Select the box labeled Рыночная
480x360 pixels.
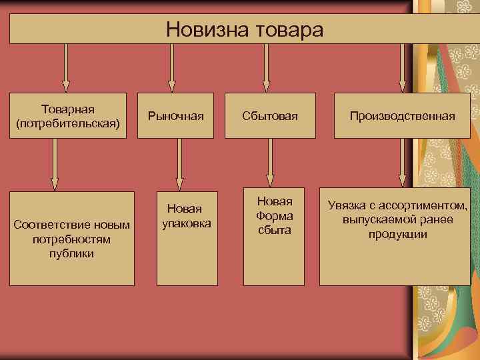(x=176, y=116)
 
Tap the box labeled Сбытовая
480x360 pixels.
(x=269, y=116)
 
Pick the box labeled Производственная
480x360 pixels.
(x=402, y=116)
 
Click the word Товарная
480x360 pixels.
(x=67, y=109)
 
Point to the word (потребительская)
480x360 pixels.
(x=67, y=123)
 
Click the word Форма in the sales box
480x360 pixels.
(x=274, y=215)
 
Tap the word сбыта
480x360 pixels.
(x=274, y=230)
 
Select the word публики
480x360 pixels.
(x=71, y=253)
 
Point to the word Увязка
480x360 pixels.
(x=348, y=205)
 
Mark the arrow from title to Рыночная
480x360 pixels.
(x=172, y=67)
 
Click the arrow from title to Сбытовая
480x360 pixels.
(x=266, y=67)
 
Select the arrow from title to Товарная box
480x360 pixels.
(x=65, y=67)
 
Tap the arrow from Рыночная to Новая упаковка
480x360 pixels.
(x=179, y=163)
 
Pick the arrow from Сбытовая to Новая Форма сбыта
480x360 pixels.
(x=270, y=163)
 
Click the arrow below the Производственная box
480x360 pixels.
(x=401, y=163)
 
